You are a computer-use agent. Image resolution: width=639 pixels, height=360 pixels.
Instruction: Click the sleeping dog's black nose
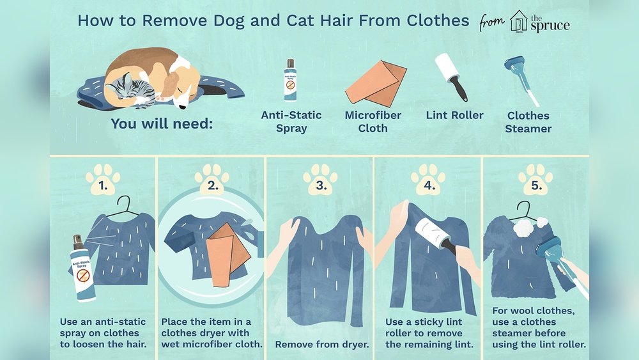[185, 106]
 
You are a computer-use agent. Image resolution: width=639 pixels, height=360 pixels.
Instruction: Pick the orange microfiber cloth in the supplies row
[375, 82]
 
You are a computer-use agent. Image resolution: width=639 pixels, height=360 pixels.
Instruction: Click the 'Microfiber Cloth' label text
[375, 121]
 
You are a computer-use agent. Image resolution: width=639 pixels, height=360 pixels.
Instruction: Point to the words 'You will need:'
[161, 123]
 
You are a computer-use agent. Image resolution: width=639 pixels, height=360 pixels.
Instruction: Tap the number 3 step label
[319, 187]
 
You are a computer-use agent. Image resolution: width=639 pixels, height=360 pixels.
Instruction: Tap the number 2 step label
[212, 187]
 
